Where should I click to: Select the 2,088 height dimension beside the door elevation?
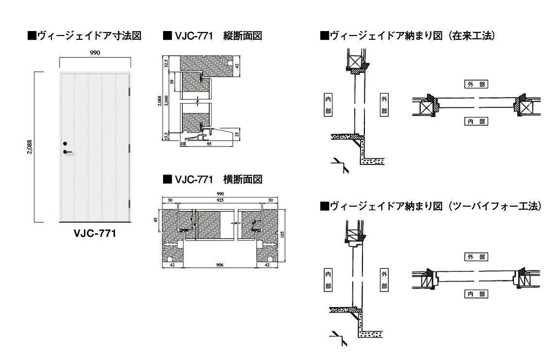pyautogui.click(x=30, y=146)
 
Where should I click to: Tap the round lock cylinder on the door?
pyautogui.click(x=65, y=143)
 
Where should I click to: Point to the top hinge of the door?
pyautogui.click(x=130, y=91)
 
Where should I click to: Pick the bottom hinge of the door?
pyautogui.click(x=130, y=204)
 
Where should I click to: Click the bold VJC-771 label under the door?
pyautogui.click(x=95, y=233)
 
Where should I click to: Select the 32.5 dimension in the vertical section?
pyautogui.click(x=166, y=63)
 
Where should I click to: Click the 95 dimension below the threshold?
pyautogui.click(x=208, y=144)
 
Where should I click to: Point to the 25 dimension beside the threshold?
pyautogui.click(x=237, y=133)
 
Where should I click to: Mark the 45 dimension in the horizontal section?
pyautogui.click(x=156, y=219)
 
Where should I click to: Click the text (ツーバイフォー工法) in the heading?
pyautogui.click(x=495, y=206)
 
